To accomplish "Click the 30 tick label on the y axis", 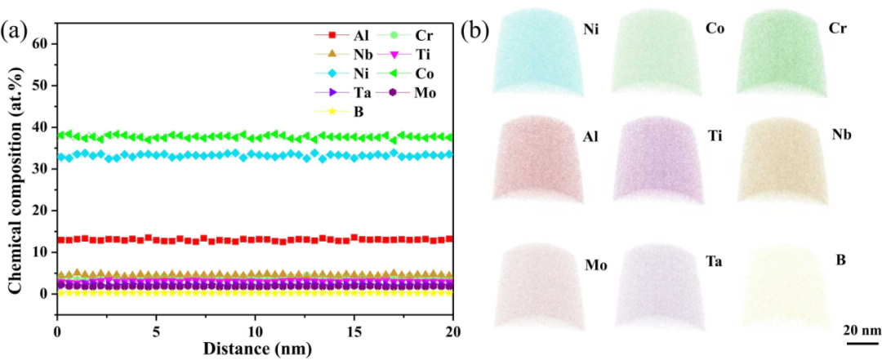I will coord(39,168).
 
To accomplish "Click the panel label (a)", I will coord(16,31).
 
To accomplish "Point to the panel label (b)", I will coord(476,31).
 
